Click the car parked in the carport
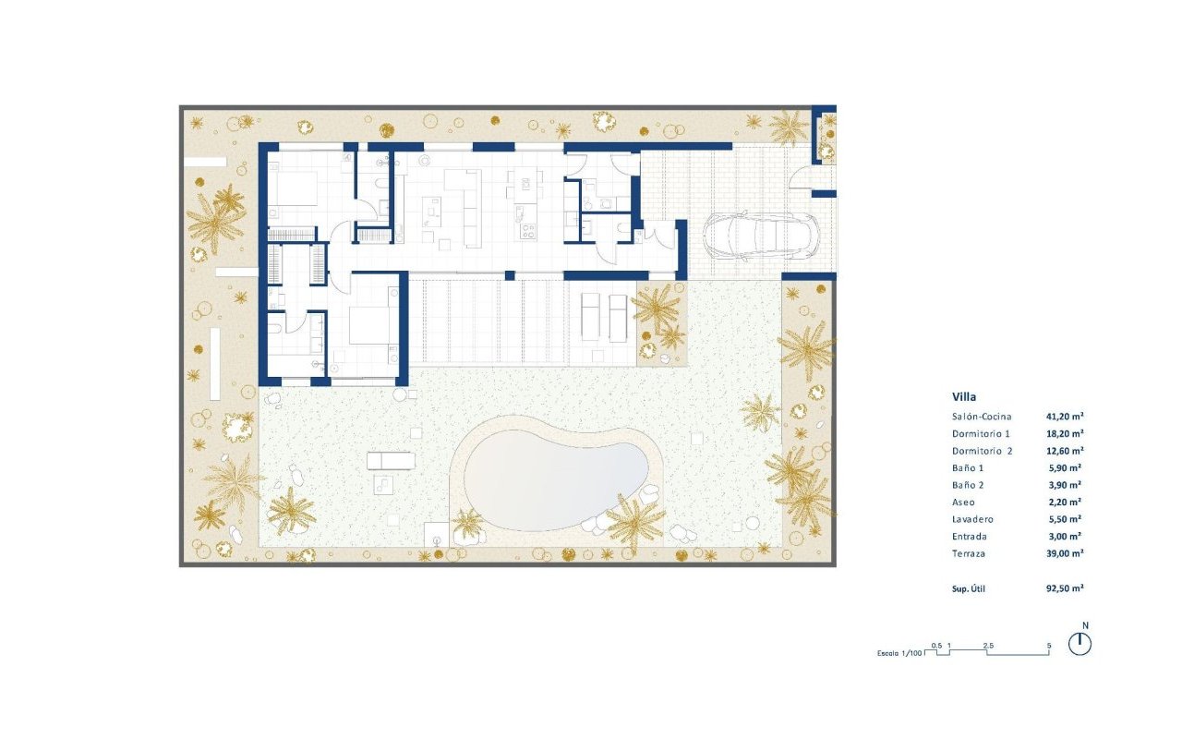pos(762,236)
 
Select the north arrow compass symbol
pos(1079,644)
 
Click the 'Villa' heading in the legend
pos(964,397)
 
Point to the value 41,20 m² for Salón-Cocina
pos(1065,417)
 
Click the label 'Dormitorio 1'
pos(982,433)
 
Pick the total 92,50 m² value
pos(1065,588)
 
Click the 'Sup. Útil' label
pos(969,588)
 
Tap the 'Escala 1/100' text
pos(899,653)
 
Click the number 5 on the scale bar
pos(1049,645)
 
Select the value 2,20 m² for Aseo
pos(1065,502)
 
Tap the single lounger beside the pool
pos(390,460)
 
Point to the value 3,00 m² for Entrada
pos(1065,536)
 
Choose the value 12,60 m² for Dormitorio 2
pos(1065,451)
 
